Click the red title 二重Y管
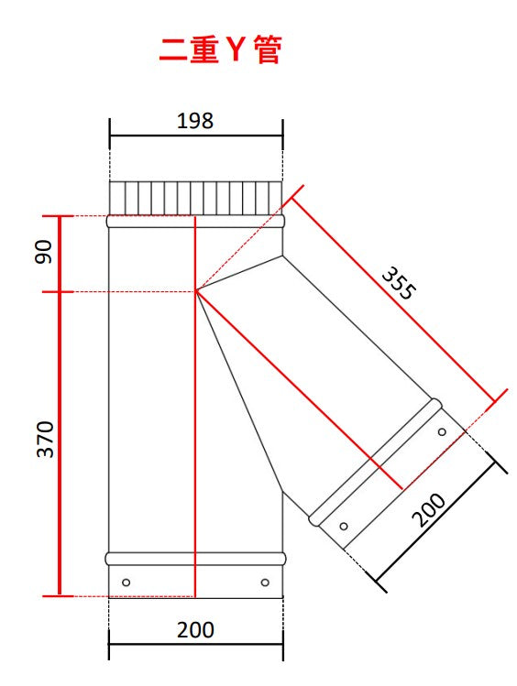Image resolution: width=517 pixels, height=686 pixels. point(220,49)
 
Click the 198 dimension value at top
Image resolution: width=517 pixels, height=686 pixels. point(195,121)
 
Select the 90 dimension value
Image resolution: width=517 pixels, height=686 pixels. point(43,252)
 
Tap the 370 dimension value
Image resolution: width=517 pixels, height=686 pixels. point(45,440)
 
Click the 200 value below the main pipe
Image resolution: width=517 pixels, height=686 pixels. point(195,630)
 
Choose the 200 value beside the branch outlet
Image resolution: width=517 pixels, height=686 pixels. point(429,510)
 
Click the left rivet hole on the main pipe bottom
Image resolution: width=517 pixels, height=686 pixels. point(126,583)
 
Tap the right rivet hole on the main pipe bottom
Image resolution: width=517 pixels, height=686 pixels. point(265,583)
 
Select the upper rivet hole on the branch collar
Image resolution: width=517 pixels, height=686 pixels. point(442,432)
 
